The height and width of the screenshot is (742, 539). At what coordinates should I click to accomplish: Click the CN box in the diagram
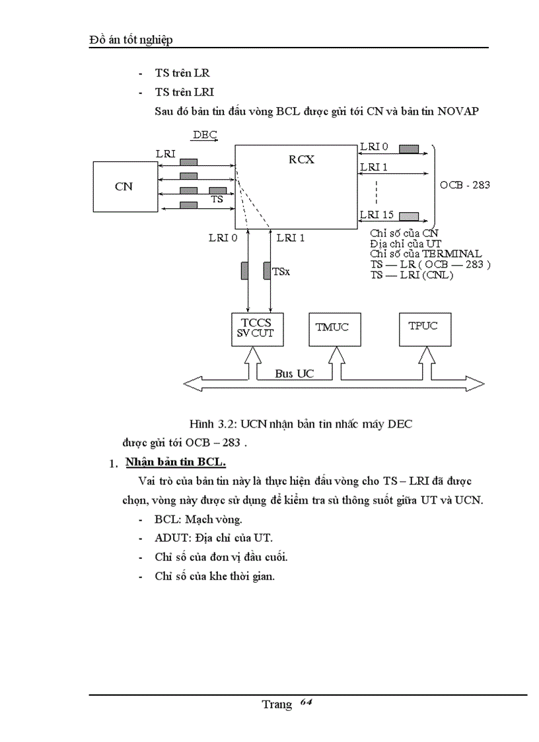(124, 186)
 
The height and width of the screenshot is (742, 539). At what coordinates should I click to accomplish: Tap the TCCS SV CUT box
(255, 328)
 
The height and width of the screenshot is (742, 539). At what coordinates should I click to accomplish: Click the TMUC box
(335, 328)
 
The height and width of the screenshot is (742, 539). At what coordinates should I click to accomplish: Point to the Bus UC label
(294, 374)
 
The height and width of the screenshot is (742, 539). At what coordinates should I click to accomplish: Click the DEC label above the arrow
(204, 135)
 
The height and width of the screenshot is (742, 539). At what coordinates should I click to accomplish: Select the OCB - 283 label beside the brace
(465, 185)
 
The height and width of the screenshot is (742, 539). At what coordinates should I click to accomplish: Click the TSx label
(281, 272)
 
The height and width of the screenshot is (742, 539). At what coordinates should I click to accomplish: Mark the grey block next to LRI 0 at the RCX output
(410, 147)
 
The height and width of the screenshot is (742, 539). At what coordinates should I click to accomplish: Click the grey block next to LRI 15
(409, 215)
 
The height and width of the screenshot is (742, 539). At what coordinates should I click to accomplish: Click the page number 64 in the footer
(305, 702)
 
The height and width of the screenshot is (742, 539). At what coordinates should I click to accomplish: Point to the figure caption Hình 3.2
(301, 424)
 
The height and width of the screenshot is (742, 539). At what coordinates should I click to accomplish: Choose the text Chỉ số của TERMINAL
(426, 254)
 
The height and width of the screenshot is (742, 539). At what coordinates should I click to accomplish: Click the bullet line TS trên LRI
(184, 93)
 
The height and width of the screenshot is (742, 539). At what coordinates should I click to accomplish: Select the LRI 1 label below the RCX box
(291, 237)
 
